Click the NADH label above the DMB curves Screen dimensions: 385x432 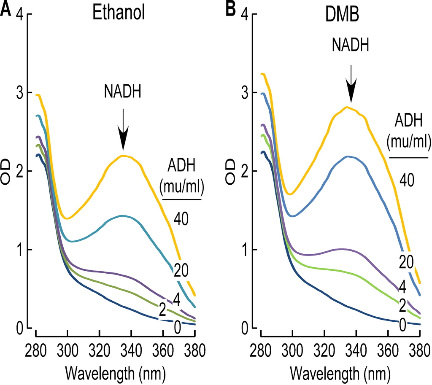(350, 45)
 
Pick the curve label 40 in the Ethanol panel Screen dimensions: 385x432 (183, 218)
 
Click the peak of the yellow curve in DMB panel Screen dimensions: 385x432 (347, 107)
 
